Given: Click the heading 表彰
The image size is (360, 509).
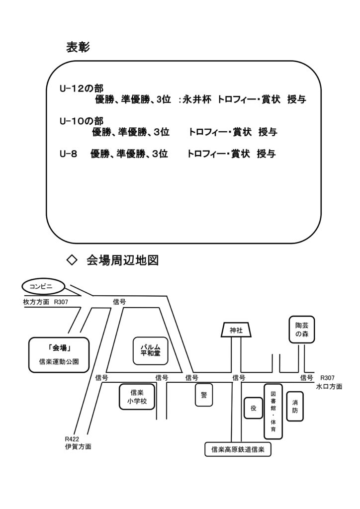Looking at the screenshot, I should pyautogui.click(x=77, y=47).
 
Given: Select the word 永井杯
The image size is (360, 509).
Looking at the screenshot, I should pyautogui.click(x=197, y=100).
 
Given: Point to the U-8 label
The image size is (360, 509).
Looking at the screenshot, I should pyautogui.click(x=68, y=154).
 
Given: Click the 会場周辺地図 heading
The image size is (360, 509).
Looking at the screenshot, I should pyautogui.click(x=122, y=260).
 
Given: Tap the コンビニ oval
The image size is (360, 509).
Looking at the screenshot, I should pyautogui.click(x=44, y=286).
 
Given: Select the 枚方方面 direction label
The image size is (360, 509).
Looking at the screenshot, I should pyautogui.click(x=36, y=302).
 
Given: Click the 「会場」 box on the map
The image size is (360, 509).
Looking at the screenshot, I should pyautogui.click(x=59, y=348).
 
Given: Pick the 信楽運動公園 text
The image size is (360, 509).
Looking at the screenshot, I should pyautogui.click(x=59, y=361).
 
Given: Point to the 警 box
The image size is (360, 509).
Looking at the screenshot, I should pyautogui.click(x=204, y=395).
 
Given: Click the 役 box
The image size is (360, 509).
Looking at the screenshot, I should pyautogui.click(x=253, y=408).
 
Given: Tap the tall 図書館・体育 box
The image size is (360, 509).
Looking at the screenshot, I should pyautogui.click(x=273, y=411).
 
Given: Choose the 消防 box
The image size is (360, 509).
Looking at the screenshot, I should pyautogui.click(x=295, y=407).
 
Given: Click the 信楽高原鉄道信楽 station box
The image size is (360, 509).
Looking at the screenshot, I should pyautogui.click(x=238, y=450).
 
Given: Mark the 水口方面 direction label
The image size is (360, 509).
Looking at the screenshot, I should pyautogui.click(x=329, y=386).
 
